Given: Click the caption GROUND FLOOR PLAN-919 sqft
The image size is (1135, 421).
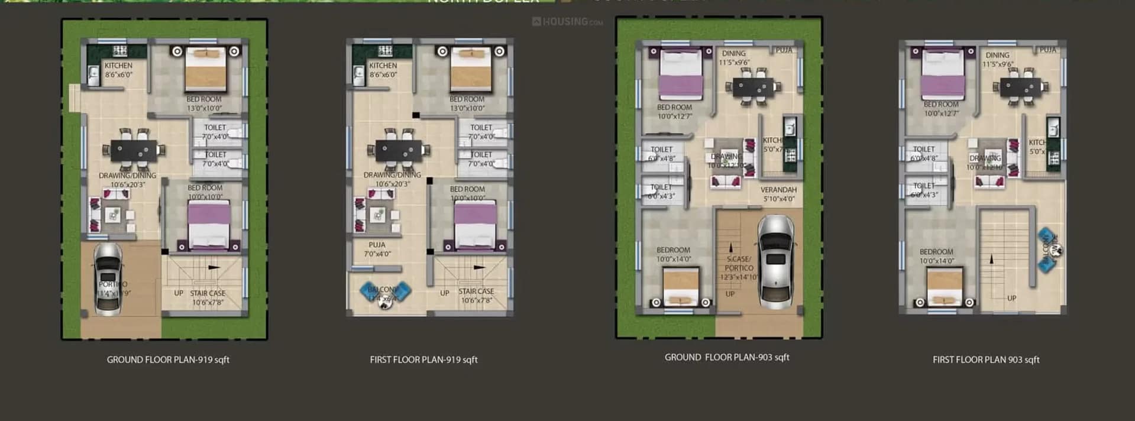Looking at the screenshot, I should point(168,360).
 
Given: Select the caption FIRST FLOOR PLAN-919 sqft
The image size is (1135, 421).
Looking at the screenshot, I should point(423,360).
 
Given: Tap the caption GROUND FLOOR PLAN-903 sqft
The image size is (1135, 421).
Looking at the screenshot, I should point(727,357).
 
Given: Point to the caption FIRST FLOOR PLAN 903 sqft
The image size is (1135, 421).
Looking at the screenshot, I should point(986,360).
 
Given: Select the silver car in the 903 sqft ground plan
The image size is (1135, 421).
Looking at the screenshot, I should point(775,261).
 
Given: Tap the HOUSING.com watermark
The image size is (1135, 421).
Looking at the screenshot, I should point(567,22).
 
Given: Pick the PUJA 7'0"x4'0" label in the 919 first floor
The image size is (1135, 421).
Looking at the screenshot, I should point(377,249).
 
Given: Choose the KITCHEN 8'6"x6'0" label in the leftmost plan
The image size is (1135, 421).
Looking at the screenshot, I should point(118,70).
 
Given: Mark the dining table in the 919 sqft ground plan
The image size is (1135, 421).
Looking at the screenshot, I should point(134,150).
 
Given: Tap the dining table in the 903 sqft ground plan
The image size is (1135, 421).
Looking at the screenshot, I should point(752,88).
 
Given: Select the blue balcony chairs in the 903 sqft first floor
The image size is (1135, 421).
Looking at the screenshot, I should point(1049,250).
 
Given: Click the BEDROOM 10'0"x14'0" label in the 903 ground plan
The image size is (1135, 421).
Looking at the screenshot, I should point(674,254).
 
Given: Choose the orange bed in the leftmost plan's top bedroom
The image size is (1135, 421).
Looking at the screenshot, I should point(206,69).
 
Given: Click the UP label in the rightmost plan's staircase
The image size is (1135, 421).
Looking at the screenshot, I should point(1011,298).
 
